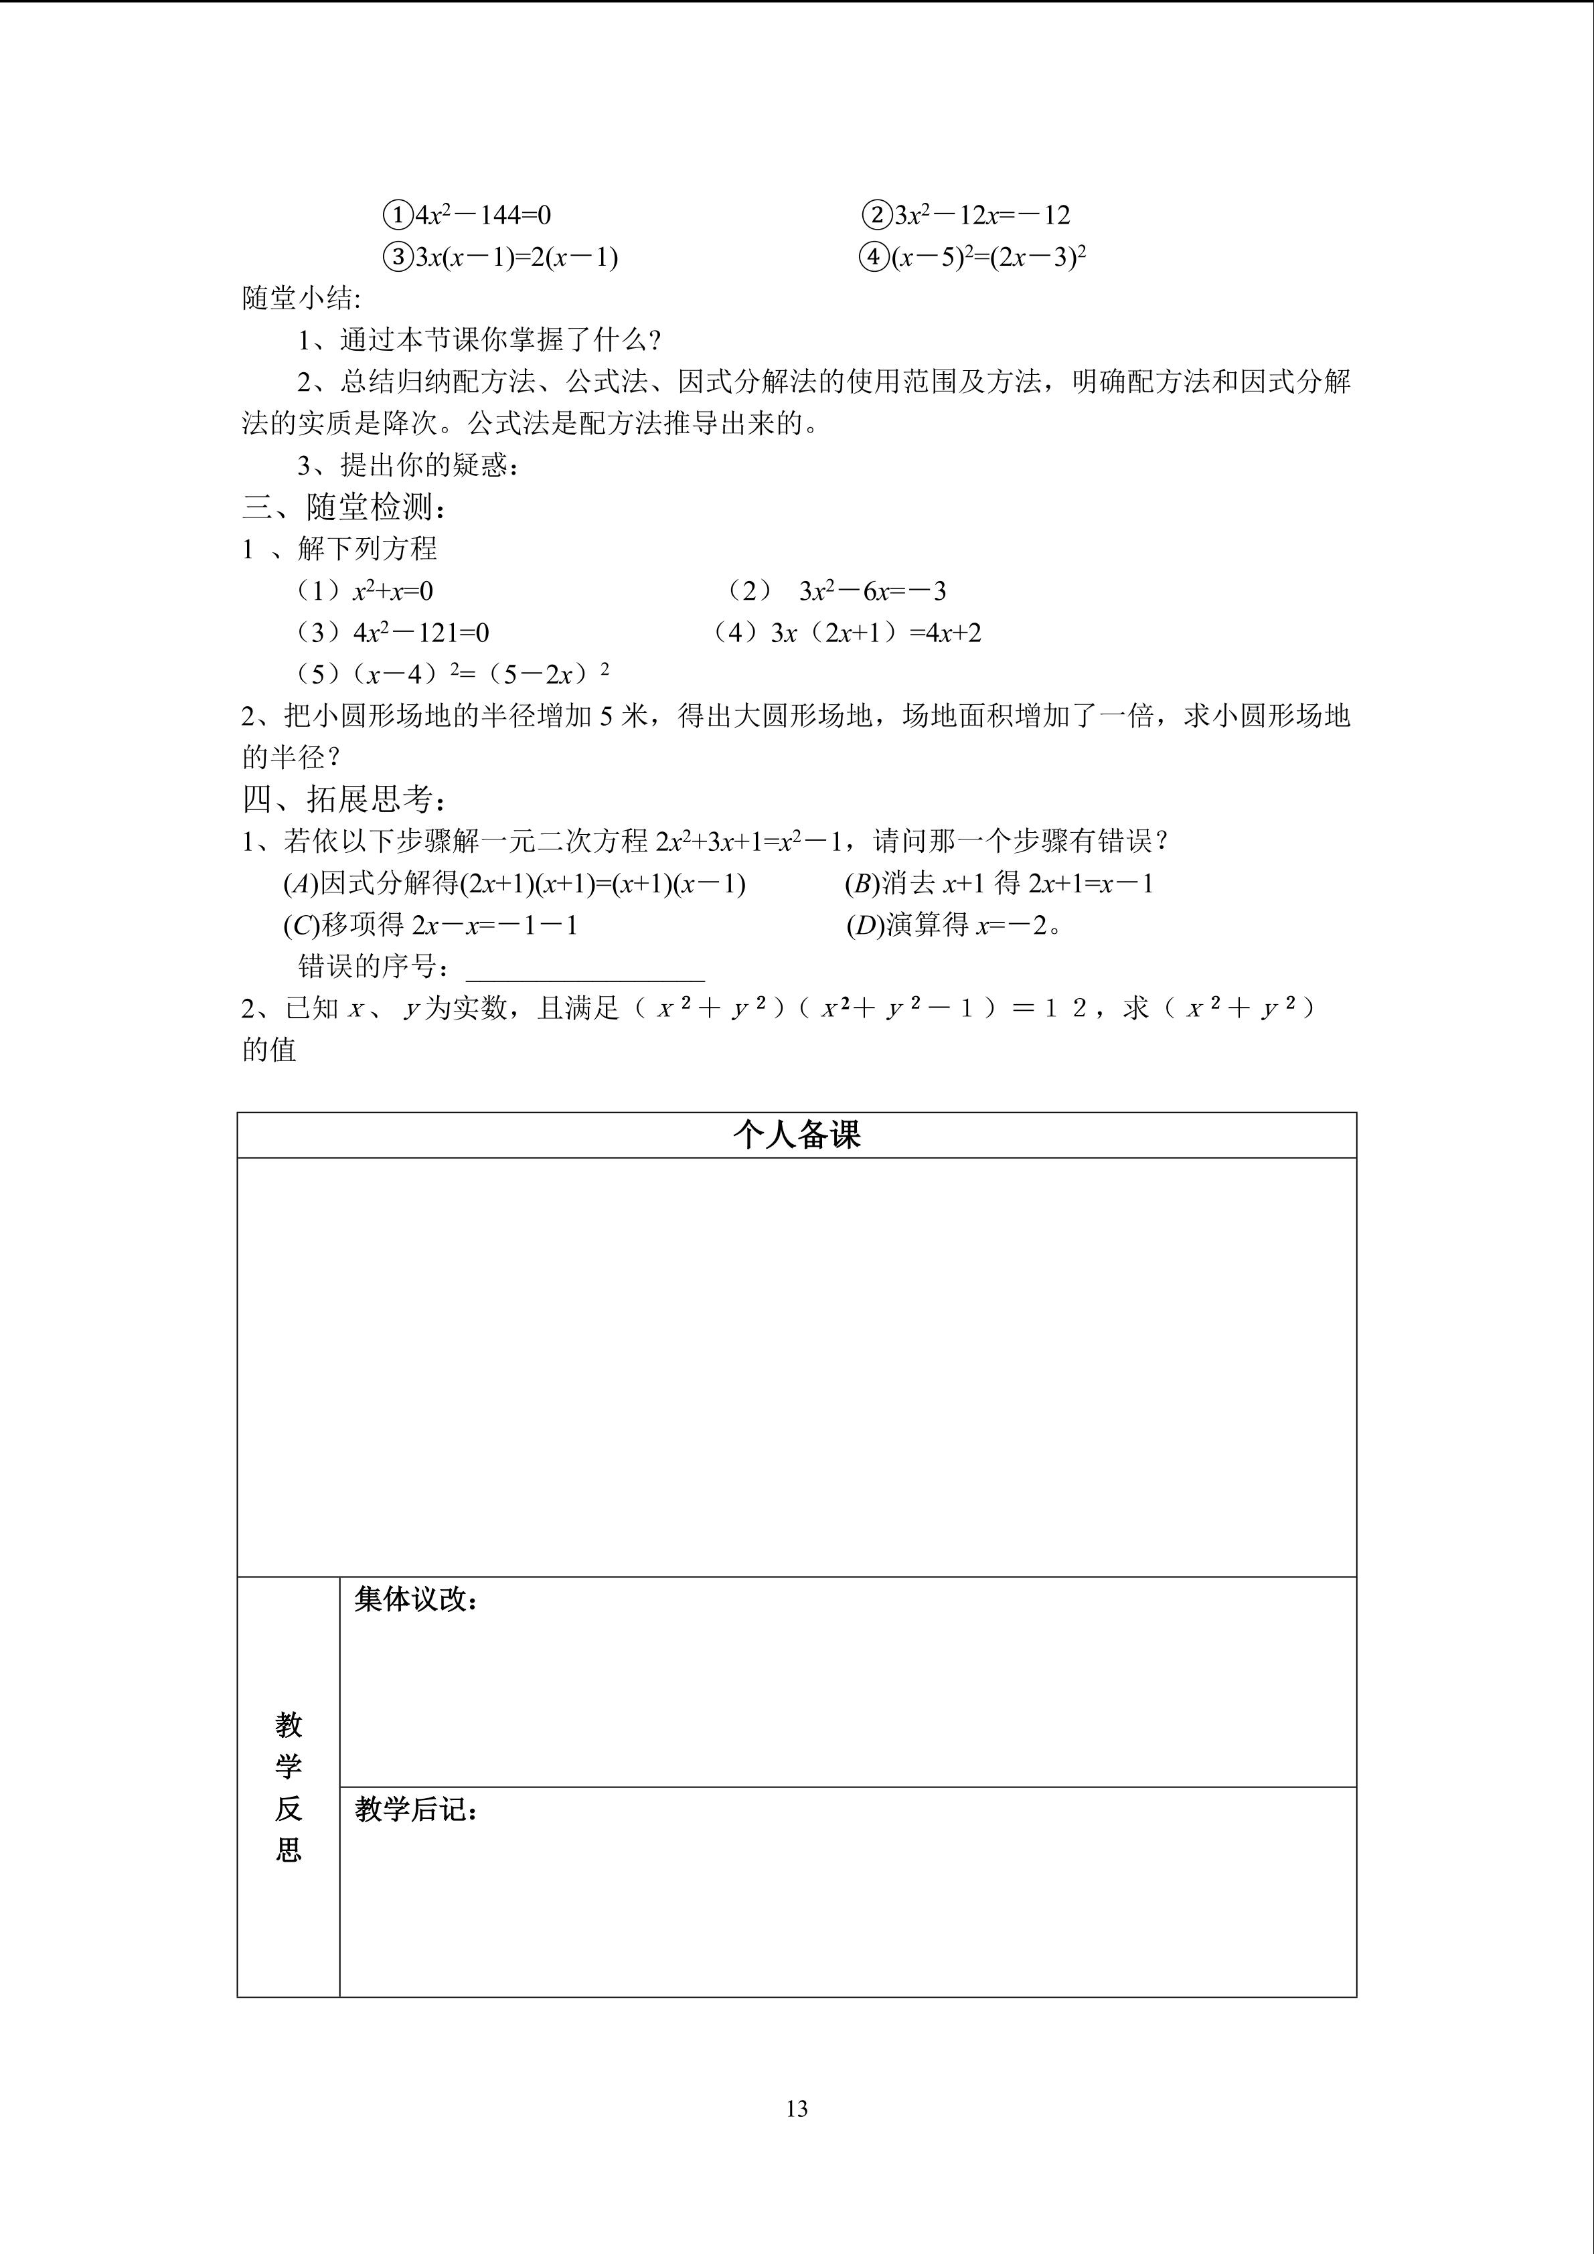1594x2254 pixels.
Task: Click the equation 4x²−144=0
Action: tap(483, 215)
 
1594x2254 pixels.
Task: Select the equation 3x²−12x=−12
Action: tap(981, 215)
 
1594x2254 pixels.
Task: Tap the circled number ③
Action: tap(396, 257)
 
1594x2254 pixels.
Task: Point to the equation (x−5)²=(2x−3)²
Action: tap(987, 257)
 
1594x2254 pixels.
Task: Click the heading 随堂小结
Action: tap(301, 299)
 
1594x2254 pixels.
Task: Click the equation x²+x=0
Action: tap(392, 591)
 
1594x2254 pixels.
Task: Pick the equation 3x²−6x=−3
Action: tap(872, 591)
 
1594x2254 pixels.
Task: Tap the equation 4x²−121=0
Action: tap(421, 633)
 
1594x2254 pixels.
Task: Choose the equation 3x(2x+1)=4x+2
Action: tap(876, 633)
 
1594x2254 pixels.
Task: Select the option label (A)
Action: tap(301, 884)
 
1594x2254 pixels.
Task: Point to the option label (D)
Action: tap(864, 926)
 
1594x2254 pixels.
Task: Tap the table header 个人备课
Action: tap(796, 1135)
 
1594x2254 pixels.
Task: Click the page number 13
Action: tap(796, 2109)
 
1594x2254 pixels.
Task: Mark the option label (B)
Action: tap(862, 884)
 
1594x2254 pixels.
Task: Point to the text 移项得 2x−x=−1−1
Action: tap(449, 926)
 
